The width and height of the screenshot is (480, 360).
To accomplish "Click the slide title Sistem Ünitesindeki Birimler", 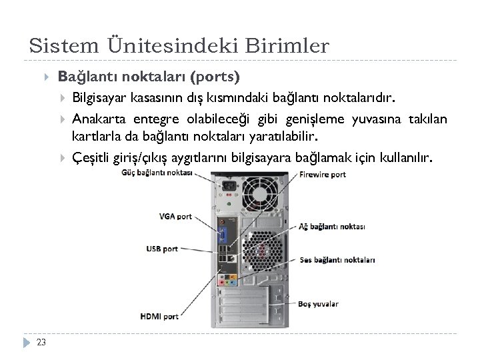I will tap(179, 46).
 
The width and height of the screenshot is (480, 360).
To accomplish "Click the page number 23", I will tap(42, 343).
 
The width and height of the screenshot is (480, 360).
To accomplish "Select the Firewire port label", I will tap(323, 175).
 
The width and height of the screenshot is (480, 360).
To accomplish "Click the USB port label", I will tap(162, 249).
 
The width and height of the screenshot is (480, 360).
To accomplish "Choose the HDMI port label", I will tap(159, 315).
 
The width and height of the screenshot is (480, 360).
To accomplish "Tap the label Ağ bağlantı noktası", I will tap(332, 226).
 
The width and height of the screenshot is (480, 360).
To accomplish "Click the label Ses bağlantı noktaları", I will tap(337, 260).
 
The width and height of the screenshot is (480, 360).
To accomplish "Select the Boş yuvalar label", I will tap(319, 304).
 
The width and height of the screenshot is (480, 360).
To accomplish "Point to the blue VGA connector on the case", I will tap(222, 235).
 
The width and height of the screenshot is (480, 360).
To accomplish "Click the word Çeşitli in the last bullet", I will tap(90, 158).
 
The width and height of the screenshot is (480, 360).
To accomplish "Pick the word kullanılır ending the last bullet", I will tap(407, 158).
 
